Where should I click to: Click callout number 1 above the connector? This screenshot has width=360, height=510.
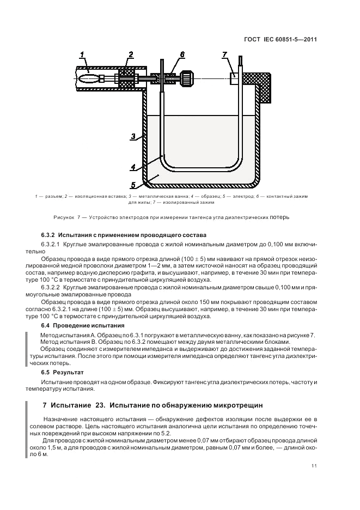tap(82, 53)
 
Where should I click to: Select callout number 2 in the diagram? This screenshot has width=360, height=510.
tap(131, 53)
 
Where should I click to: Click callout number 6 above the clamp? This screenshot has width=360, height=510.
tap(182, 54)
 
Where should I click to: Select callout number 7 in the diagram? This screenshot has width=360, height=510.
tap(224, 54)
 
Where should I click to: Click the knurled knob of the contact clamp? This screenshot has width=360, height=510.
tap(187, 78)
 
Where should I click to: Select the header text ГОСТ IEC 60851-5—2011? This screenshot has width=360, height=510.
tap(282, 40)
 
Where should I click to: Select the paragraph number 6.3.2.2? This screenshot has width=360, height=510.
tap(51, 287)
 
